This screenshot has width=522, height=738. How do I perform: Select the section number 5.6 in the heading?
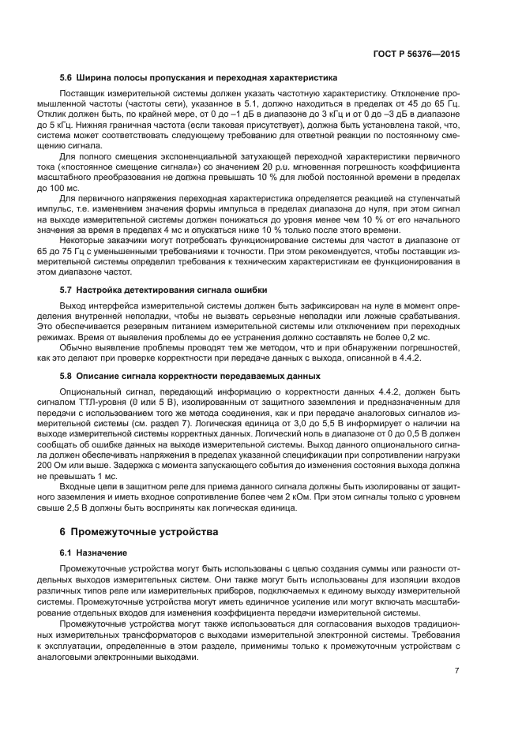(x=66, y=77)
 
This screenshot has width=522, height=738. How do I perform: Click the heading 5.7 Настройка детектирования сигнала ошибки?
(x=163, y=290)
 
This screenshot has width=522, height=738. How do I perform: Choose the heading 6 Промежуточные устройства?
(x=139, y=532)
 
